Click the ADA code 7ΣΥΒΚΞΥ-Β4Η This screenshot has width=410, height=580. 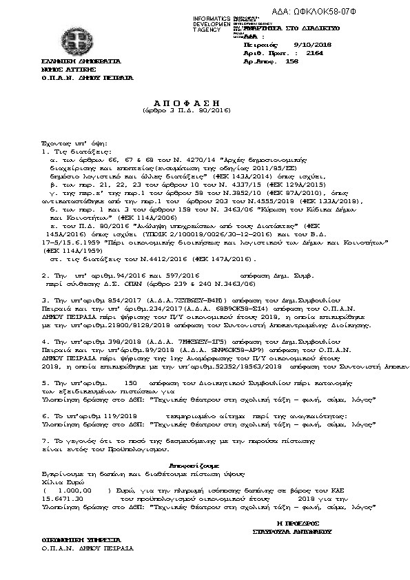tap(171, 300)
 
